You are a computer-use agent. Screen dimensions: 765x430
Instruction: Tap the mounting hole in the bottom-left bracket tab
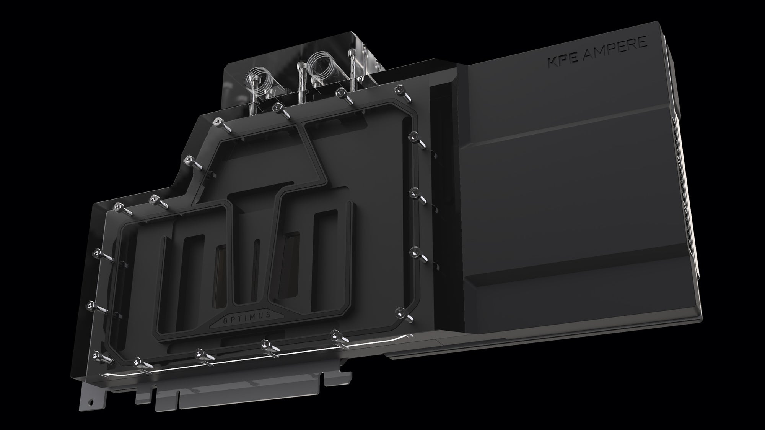pos(91,402)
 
